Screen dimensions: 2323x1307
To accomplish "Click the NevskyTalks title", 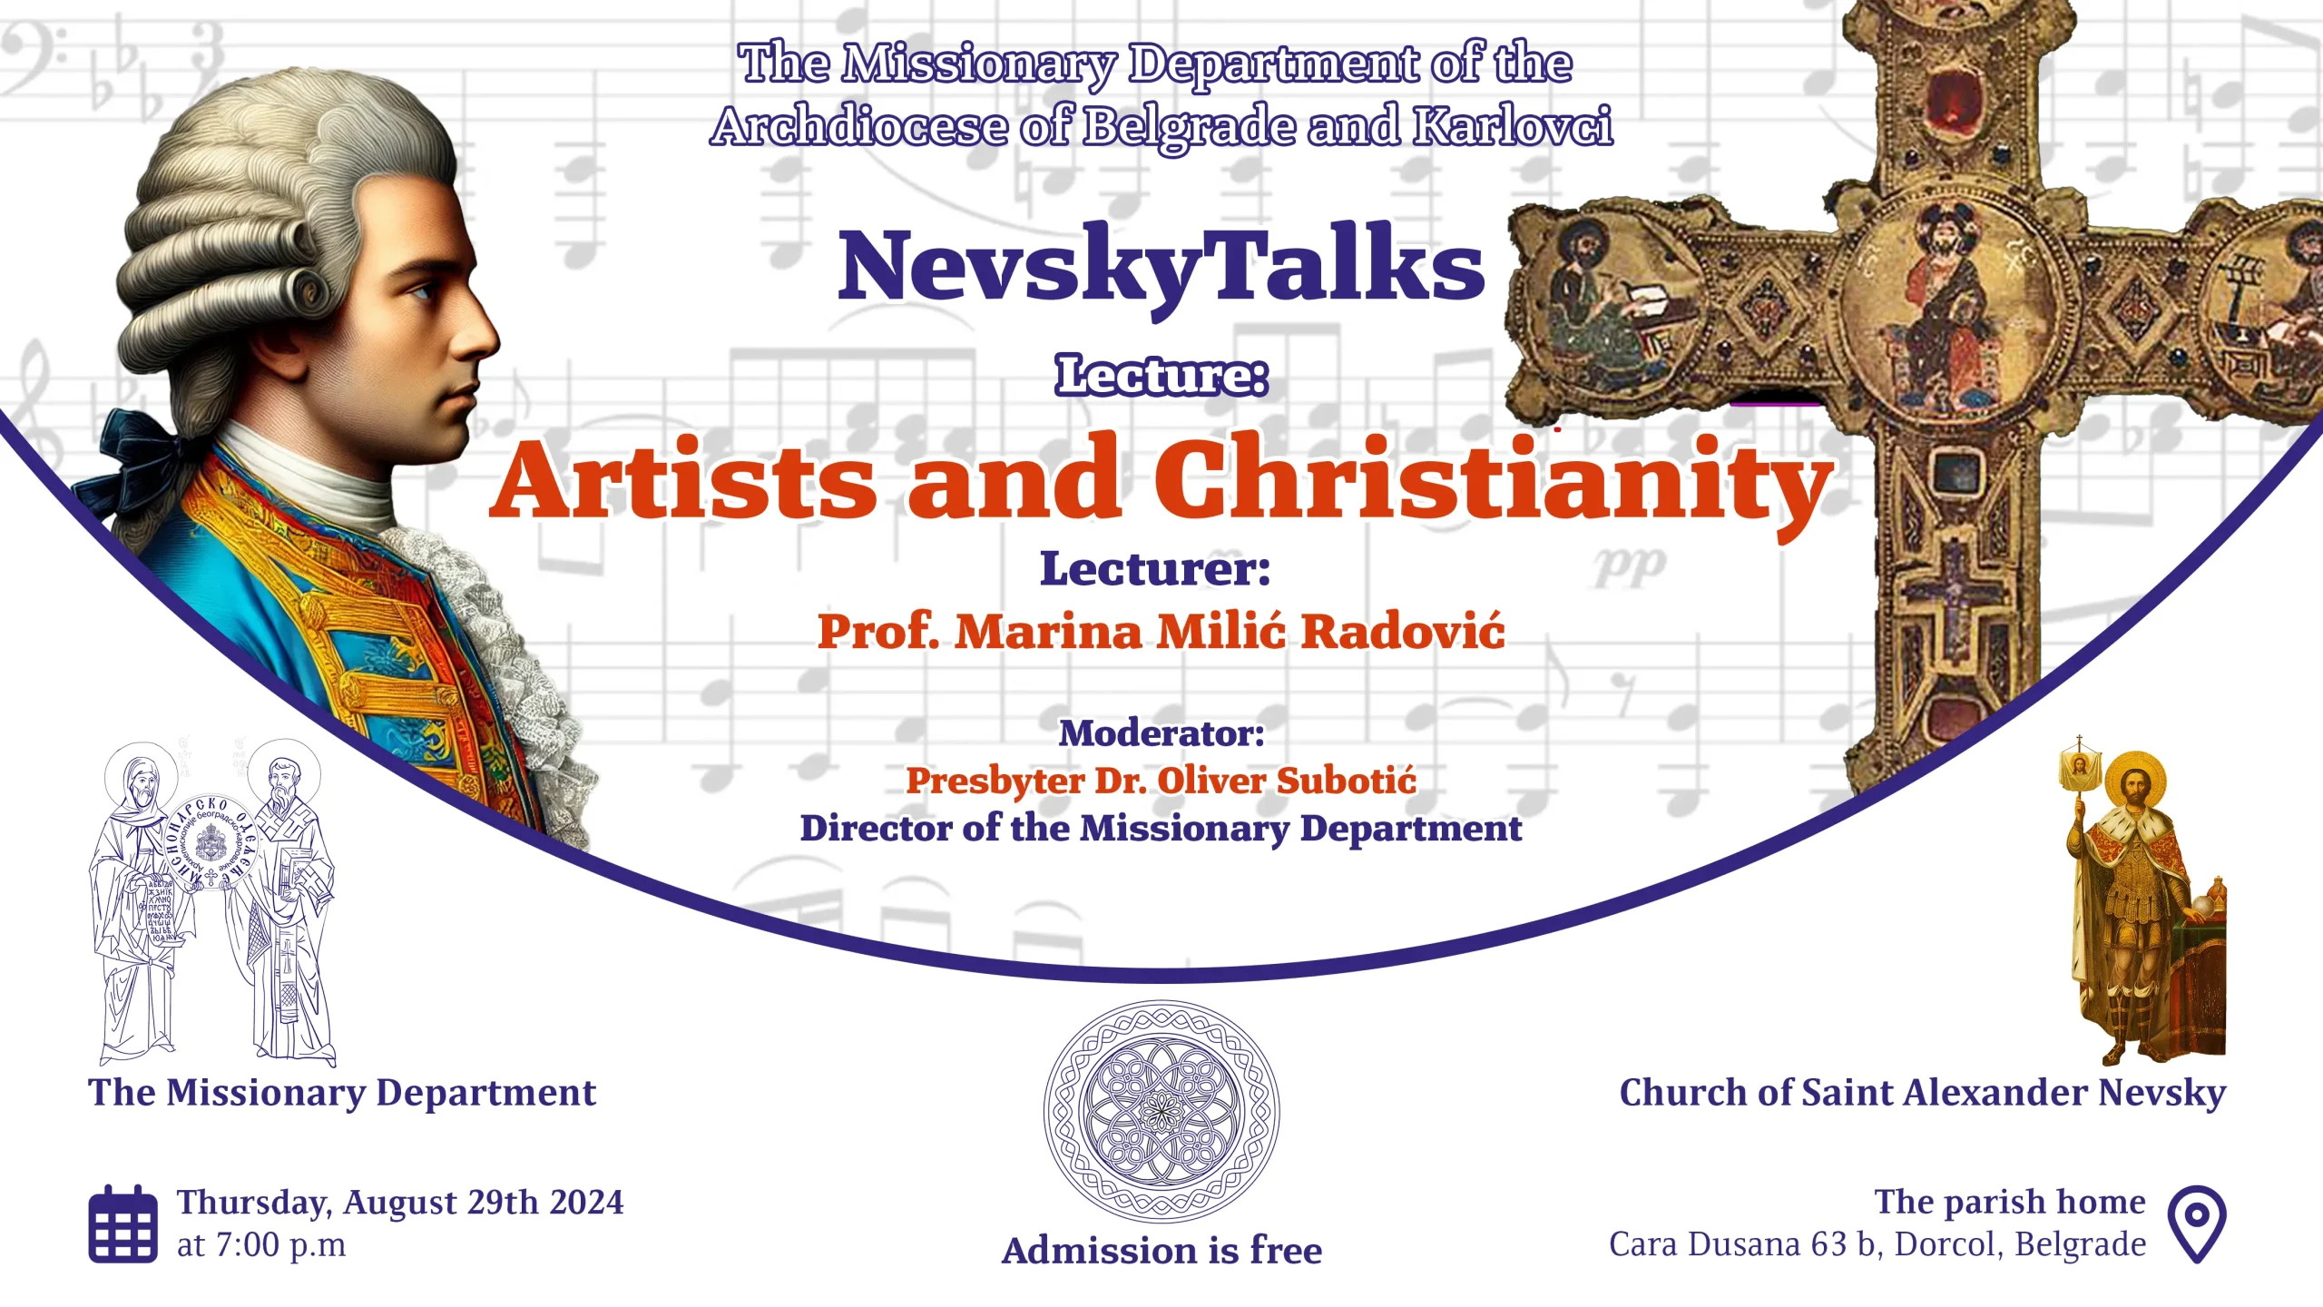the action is point(1161,266).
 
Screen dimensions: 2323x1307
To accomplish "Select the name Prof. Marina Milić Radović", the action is point(1161,631).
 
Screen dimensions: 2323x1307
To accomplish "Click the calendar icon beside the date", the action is point(123,1223).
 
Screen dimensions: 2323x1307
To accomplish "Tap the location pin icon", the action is point(2197,1223).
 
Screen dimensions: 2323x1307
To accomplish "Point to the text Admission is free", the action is point(1161,1250).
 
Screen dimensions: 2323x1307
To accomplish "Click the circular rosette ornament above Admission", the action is point(1161,1111).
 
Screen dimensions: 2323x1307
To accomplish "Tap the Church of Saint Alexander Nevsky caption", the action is point(1923,1093).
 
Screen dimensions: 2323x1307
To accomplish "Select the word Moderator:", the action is point(1161,733).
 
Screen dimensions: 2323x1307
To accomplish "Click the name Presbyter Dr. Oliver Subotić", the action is point(1161,781).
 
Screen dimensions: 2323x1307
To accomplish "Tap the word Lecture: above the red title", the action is point(1161,376).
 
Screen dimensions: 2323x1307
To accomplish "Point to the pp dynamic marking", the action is point(1630,566).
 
